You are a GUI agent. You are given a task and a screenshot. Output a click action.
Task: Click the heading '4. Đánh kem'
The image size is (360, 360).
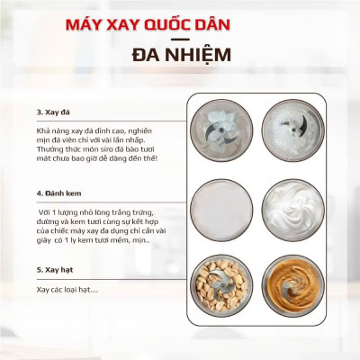(x=57, y=193)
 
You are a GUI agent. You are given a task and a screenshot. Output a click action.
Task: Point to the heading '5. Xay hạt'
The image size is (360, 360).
(x=55, y=270)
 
